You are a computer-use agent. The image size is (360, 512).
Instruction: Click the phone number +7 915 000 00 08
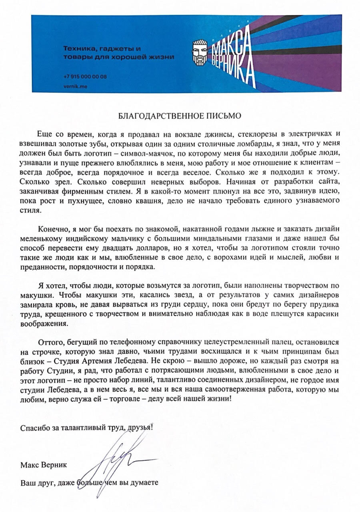click(x=85, y=77)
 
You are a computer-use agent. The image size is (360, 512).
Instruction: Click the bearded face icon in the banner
click(x=200, y=52)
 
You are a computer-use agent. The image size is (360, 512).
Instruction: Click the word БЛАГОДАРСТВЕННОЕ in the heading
click(x=158, y=116)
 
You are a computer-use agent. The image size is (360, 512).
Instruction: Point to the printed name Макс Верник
click(x=44, y=465)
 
